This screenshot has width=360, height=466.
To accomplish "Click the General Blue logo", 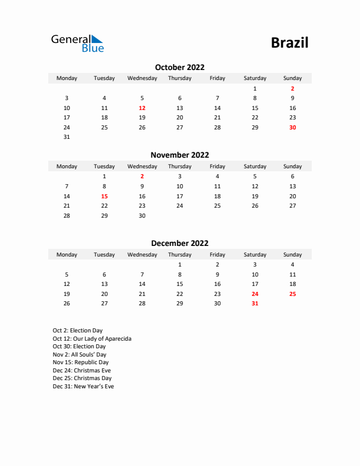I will [x=77, y=43].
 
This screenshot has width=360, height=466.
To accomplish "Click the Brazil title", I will [x=289, y=43].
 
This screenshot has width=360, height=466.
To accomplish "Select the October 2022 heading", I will [x=179, y=67].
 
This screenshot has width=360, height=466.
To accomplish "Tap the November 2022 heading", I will [x=179, y=155].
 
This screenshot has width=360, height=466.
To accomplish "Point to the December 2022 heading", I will [x=179, y=243].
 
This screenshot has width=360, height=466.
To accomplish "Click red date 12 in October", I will [x=142, y=108].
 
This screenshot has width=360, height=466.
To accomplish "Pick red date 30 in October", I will [x=292, y=128].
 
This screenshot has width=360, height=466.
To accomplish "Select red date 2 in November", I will [x=142, y=177].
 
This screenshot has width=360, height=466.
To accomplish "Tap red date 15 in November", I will [x=104, y=197].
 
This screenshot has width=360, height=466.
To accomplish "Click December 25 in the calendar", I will [x=292, y=294].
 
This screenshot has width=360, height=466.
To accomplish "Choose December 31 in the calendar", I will [x=255, y=304].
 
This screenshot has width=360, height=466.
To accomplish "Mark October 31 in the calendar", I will [x=66, y=137].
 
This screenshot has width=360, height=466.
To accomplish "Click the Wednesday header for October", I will [x=142, y=78].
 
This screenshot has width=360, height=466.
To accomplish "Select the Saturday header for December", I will [x=255, y=255].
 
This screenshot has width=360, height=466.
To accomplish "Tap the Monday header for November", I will [x=66, y=167].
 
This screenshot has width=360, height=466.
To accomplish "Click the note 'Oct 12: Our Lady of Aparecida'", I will [x=92, y=339].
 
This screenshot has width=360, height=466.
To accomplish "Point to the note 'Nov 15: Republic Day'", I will [x=81, y=363].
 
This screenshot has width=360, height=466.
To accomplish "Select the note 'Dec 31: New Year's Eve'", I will [x=83, y=387].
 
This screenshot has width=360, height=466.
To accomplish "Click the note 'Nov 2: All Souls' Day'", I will [x=79, y=355].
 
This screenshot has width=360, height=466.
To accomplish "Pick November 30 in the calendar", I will [x=142, y=216].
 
